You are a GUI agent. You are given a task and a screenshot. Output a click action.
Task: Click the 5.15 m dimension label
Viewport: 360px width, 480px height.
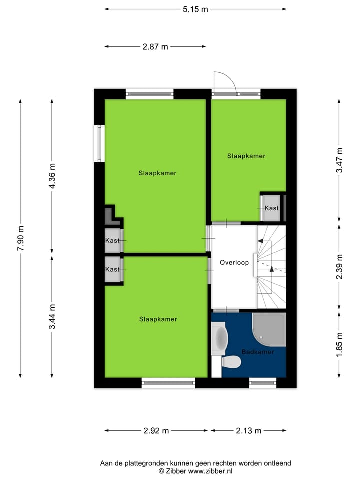click(195, 9)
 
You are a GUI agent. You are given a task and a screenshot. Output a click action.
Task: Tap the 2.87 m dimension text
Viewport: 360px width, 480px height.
click(155, 47)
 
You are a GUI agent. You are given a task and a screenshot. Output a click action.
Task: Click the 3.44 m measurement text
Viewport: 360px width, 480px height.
click(52, 317)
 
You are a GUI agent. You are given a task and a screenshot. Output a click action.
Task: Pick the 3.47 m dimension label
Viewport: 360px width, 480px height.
click(339, 160)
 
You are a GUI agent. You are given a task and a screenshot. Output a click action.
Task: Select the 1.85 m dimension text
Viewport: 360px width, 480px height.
click(339, 345)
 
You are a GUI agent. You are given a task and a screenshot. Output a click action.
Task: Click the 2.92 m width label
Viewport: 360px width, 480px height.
click(156, 430)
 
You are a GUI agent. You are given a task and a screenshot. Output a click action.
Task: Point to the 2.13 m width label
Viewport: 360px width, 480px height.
click(248, 430)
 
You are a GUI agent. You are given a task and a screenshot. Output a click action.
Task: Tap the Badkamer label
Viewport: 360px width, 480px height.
click(258, 352)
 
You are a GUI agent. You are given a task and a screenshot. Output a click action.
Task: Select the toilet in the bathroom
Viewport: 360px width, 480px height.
click(231, 361)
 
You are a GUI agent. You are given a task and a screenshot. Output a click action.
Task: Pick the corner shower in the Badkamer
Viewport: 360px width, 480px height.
click(269, 329)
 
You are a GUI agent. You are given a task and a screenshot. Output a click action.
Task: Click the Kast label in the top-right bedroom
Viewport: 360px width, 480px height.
click(271, 208)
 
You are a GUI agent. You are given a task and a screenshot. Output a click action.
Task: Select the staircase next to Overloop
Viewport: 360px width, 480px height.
click(271, 267)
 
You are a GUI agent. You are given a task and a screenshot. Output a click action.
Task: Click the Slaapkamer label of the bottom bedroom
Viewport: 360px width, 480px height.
click(158, 319)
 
